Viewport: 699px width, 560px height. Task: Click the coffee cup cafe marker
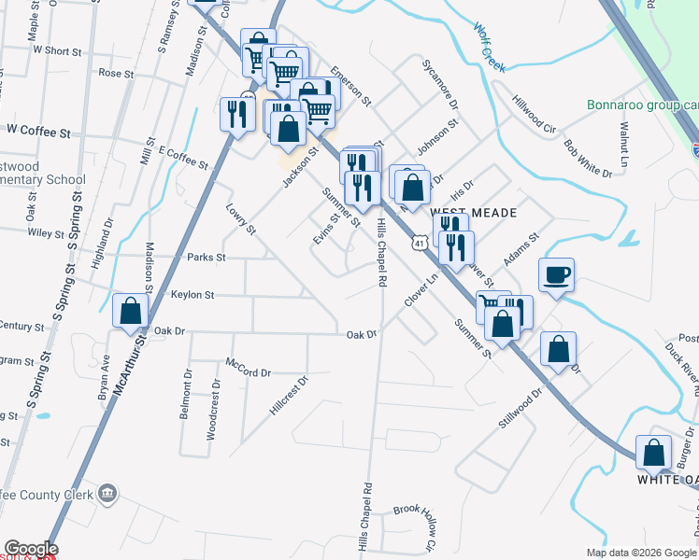tap(556, 275)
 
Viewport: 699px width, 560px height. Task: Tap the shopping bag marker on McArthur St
tap(131, 312)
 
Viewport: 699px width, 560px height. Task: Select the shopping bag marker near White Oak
tap(653, 453)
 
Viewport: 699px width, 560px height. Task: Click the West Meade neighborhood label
tap(474, 213)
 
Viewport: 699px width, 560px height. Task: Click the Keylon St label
tap(193, 295)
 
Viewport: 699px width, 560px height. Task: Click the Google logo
tap(30, 549)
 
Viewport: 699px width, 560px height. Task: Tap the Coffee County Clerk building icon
tap(108, 493)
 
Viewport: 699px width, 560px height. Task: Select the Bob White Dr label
tap(587, 159)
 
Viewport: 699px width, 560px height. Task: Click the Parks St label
tap(207, 257)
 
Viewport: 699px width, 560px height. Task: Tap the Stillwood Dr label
tap(520, 408)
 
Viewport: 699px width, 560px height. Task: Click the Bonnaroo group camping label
tap(642, 105)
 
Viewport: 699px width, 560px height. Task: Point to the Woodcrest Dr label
tap(214, 402)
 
